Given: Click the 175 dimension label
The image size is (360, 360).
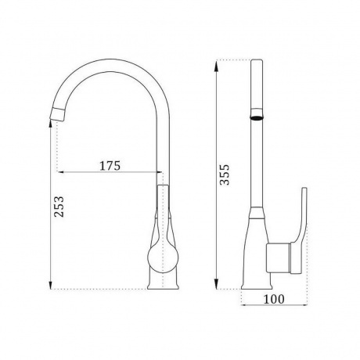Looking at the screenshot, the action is [110, 165].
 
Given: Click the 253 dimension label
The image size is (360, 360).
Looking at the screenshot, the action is [59, 207].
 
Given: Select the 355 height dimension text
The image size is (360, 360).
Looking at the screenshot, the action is [224, 175].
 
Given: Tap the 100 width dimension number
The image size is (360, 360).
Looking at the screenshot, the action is [274, 299].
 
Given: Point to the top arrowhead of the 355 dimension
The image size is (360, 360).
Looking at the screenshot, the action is [216, 67].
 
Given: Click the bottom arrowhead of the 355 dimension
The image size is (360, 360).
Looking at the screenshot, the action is [216, 283].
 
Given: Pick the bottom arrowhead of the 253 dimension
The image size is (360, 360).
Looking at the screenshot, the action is [51, 283].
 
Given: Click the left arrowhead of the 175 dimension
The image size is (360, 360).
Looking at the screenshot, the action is [61, 172].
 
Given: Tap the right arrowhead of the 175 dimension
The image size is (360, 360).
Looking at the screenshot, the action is [159, 172].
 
